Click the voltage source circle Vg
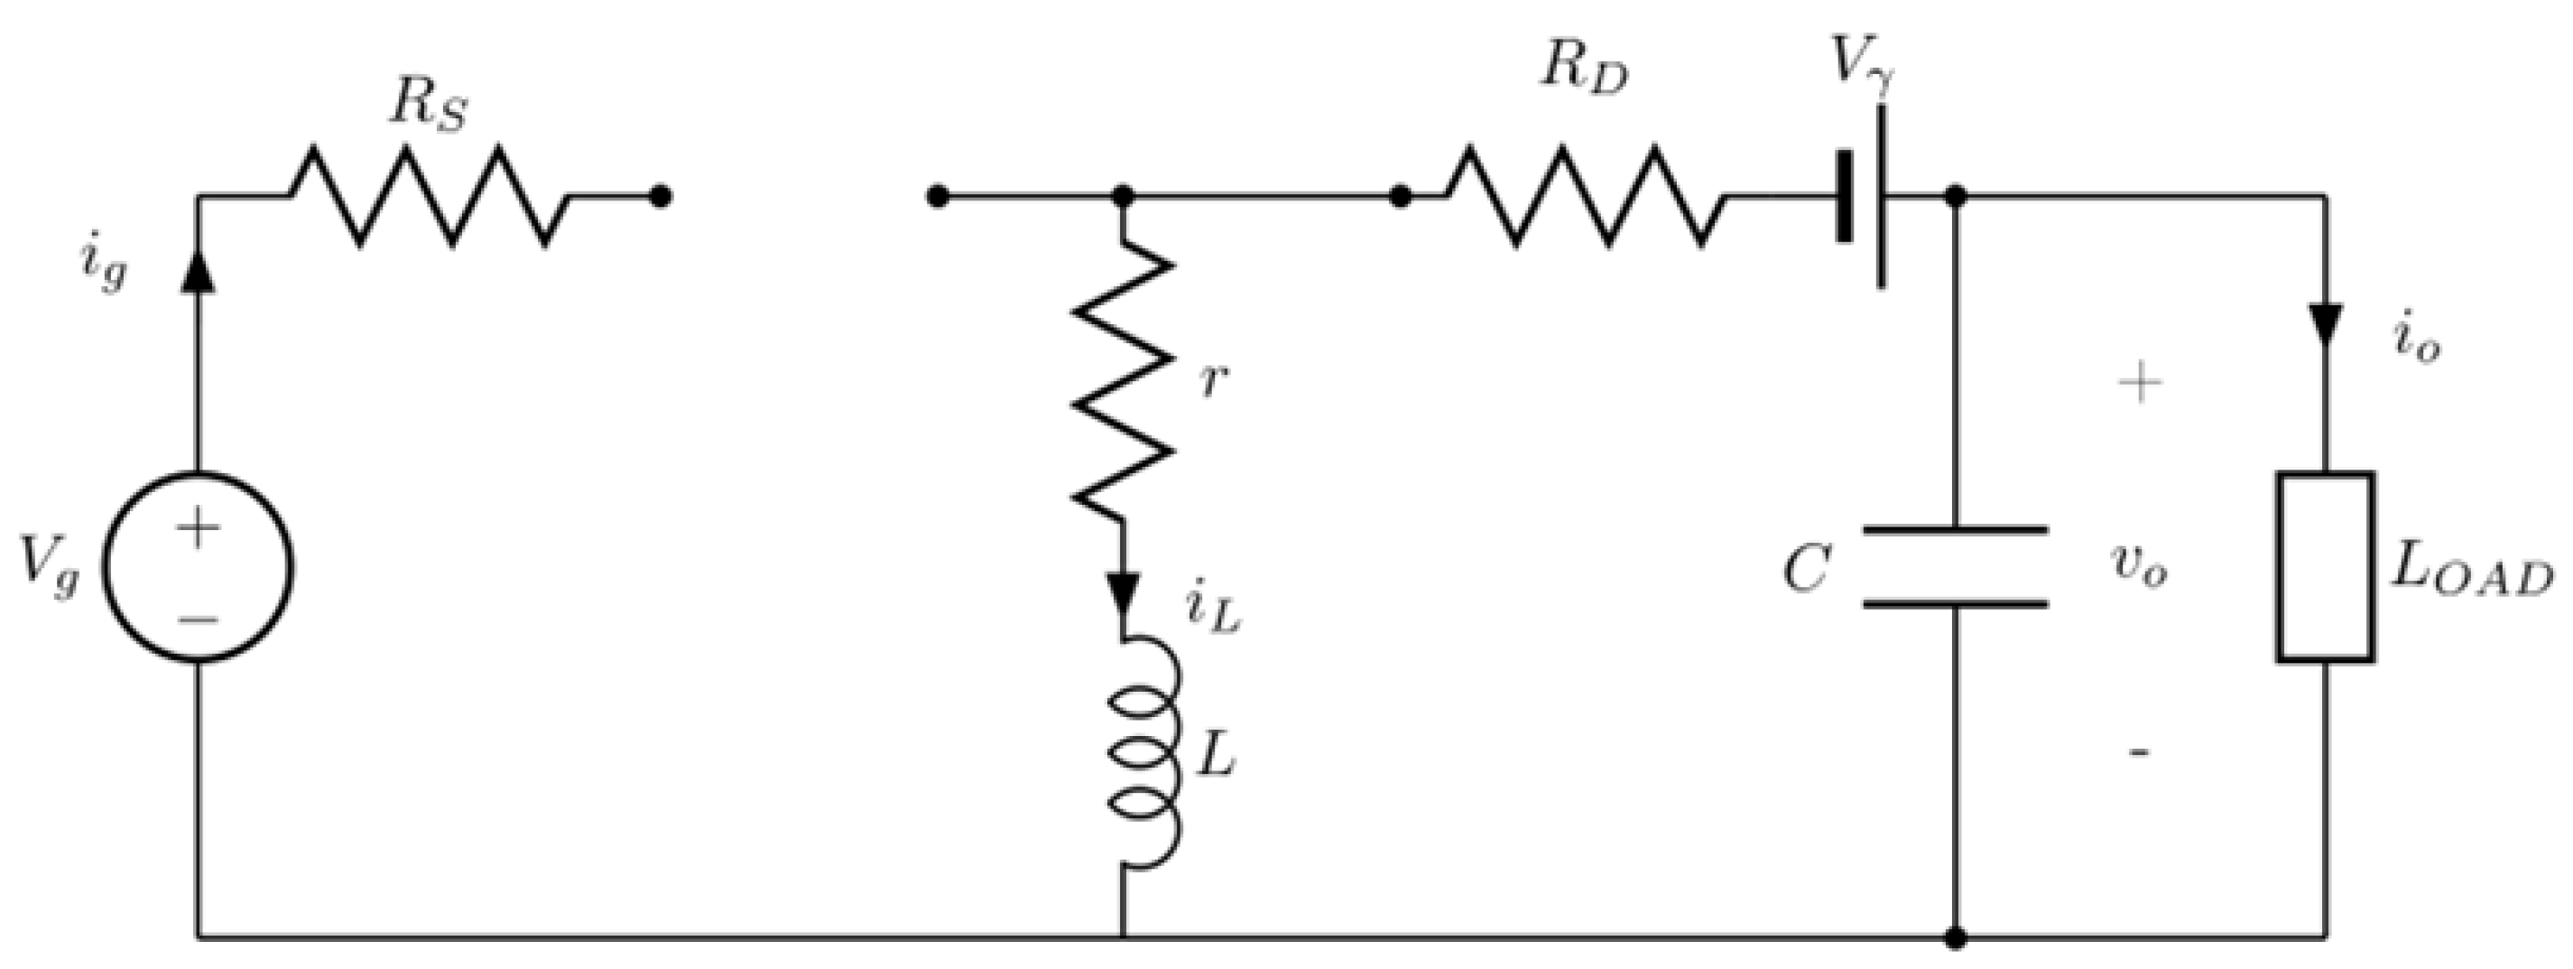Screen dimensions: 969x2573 (x=199, y=566)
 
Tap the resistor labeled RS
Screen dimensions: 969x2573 (x=430, y=197)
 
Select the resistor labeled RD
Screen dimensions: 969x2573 (x=1583, y=197)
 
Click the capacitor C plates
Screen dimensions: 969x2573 (x=1956, y=566)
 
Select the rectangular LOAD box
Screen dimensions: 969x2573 (x=2326, y=566)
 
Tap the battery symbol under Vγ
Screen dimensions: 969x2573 (x=1861, y=197)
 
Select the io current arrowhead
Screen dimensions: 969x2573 (x=2326, y=325)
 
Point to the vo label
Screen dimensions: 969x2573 (x=2137, y=567)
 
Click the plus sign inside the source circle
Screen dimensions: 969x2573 (x=199, y=526)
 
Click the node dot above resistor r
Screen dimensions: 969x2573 (x=1124, y=197)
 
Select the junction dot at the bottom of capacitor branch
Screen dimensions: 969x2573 (x=1956, y=937)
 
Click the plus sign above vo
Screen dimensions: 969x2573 (x=2140, y=384)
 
